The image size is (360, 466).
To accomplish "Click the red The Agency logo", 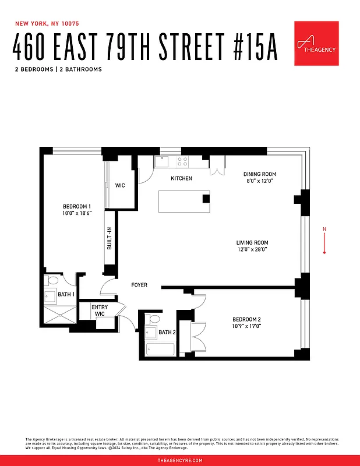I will pos(316,43).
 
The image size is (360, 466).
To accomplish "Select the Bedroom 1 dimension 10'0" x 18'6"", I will pos(77,213).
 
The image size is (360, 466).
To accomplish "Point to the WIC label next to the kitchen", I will pos(120,186).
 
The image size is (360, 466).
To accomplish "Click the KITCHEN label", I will pos(181,178).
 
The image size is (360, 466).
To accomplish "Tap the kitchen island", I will pos(183,202).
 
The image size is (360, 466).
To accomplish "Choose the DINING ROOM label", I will pos(259,174).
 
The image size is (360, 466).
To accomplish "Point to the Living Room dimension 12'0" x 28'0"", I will pos(252,249).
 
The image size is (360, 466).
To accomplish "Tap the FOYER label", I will pos(139,285).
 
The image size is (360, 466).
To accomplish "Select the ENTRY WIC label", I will pos(100,310).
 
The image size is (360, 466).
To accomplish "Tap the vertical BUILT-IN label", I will pos(110,239).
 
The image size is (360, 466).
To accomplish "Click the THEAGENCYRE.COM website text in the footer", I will pos(180,460).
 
